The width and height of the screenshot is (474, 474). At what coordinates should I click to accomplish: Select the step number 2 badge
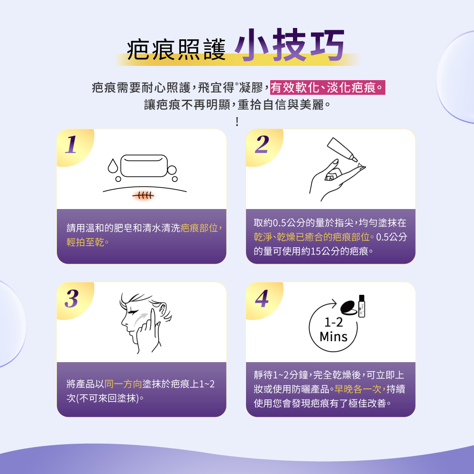[261, 145]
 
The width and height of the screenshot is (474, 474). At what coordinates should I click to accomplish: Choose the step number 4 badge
[261, 299]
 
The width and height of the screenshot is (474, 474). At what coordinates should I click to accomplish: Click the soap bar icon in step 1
[145, 166]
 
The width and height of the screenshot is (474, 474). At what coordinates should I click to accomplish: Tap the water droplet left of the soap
[112, 166]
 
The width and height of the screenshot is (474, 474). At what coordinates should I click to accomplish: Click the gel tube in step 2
[342, 150]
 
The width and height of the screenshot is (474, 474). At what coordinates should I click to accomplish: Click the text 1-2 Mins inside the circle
[333, 330]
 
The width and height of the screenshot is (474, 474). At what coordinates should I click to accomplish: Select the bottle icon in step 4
[363, 306]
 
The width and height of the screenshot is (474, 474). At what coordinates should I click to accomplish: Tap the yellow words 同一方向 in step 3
[123, 383]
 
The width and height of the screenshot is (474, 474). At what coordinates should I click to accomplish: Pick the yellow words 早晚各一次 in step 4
[358, 390]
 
